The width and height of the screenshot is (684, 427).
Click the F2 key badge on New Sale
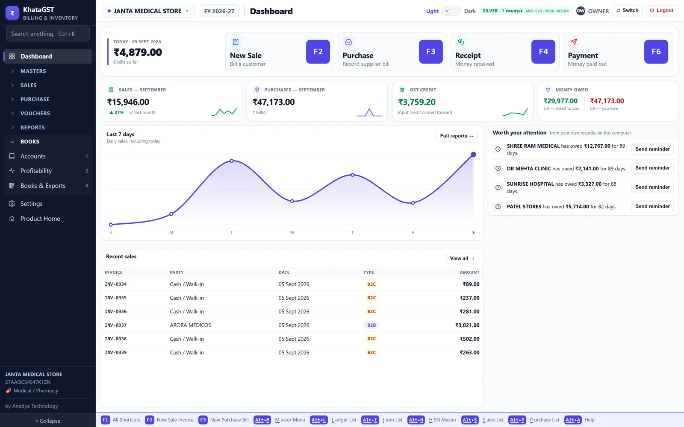tap(318, 52)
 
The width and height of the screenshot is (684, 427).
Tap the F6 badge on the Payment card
tap(656, 52)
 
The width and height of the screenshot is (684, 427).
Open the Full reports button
tap(457, 136)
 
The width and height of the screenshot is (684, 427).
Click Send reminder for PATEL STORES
tap(652, 207)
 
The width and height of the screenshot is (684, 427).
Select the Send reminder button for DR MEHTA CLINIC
tap(652, 168)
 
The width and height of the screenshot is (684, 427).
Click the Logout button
tap(661, 10)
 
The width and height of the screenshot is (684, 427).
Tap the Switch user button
tap(627, 10)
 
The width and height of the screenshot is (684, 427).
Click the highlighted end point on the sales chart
tap(473, 155)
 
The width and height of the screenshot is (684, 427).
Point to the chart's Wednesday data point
tap(292, 201)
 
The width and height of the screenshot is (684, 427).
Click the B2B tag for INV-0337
tap(371, 325)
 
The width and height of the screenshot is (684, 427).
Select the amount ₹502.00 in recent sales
tap(470, 339)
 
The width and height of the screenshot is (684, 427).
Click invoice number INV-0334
tap(116, 284)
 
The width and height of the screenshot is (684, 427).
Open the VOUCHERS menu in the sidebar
tap(35, 114)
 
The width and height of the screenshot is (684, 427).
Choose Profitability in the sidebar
tap(36, 171)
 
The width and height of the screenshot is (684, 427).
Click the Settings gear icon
tap(12, 204)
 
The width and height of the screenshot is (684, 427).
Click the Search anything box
tap(47, 34)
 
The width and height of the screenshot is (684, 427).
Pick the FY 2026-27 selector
tap(219, 11)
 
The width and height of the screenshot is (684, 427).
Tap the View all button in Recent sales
tap(462, 259)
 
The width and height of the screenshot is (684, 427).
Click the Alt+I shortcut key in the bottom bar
tap(370, 420)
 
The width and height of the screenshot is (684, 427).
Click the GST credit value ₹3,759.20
tap(417, 102)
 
